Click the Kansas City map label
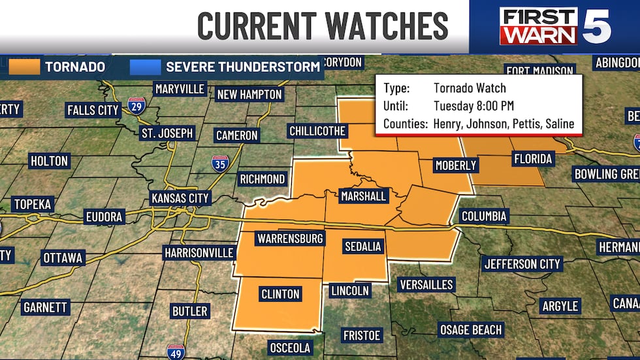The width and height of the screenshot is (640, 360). click(180, 198)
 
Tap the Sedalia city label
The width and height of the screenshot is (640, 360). click(362, 246)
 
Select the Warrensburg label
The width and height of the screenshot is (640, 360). click(291, 238)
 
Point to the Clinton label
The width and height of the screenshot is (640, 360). click(280, 294)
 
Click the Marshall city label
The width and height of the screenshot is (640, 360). click(363, 196)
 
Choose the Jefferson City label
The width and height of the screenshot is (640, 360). click(522, 264)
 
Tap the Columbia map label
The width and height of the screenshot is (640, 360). click(484, 216)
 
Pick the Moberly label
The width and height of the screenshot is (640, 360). click(456, 165)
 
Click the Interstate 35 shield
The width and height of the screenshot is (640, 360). click(220, 163)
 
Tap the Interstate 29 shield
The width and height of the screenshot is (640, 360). click(136, 106)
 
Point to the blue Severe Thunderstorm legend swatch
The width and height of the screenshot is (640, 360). click(144, 67)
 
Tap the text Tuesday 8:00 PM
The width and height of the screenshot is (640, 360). click(472, 105)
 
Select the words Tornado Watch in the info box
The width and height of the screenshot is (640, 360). click(470, 88)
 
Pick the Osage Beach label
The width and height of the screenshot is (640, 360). click(470, 330)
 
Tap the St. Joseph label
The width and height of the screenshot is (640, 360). click(167, 133)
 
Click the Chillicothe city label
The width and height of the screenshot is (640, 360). click(317, 131)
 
